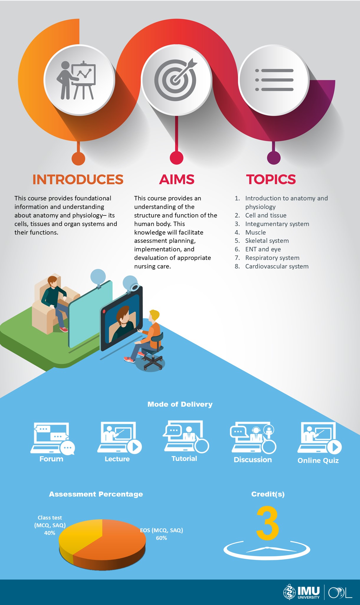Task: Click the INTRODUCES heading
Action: [x=78, y=179]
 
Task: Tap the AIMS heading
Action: [x=177, y=179]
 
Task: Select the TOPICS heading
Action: [x=271, y=179]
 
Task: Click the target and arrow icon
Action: [x=176, y=80]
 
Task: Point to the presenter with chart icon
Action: [x=76, y=80]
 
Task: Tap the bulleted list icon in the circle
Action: [x=274, y=80]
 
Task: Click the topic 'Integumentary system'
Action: [x=277, y=224]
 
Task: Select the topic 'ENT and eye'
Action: [x=263, y=249]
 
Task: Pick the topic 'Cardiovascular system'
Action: [x=277, y=266]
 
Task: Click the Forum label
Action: [x=51, y=459]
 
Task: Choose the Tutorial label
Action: [x=184, y=459]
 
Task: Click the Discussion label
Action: [x=253, y=460]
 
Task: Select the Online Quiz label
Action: [x=318, y=461]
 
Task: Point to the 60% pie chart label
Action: [x=161, y=538]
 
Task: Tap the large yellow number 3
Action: [x=267, y=523]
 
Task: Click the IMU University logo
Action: [x=301, y=592]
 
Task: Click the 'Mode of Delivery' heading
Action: [x=180, y=404]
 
